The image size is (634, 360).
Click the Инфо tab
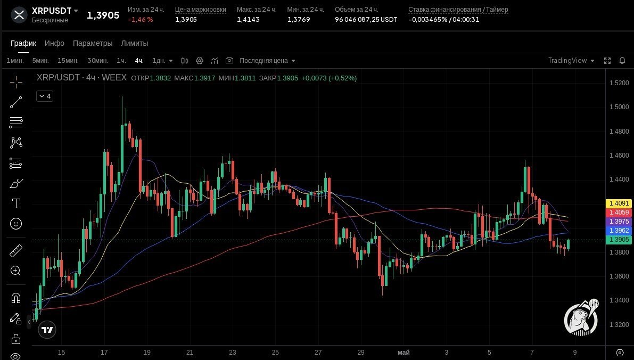tap(54, 43)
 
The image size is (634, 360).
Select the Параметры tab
tap(93, 43)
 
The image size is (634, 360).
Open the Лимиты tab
tap(135, 43)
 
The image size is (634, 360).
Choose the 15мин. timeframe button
tap(68, 61)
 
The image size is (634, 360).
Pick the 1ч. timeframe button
tap(121, 61)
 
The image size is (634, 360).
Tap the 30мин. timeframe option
tap(97, 61)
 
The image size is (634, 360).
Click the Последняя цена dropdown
tap(267, 61)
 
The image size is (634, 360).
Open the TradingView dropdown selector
tap(571, 61)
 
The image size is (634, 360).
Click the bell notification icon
tap(622, 61)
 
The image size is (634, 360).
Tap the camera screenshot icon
tap(229, 61)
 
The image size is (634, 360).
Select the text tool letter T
tap(16, 203)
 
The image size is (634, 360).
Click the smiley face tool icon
tap(16, 224)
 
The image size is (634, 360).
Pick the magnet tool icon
tap(16, 298)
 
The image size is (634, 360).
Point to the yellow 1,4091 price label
tap(619, 203)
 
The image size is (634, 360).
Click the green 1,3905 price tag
tap(619, 240)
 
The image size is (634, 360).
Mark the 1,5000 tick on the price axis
tap(619, 107)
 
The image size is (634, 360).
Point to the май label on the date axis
tap(404, 353)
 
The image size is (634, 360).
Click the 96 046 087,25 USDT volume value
tap(366, 19)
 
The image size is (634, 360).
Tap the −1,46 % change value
tap(141, 19)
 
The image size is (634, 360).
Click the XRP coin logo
tap(19, 15)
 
